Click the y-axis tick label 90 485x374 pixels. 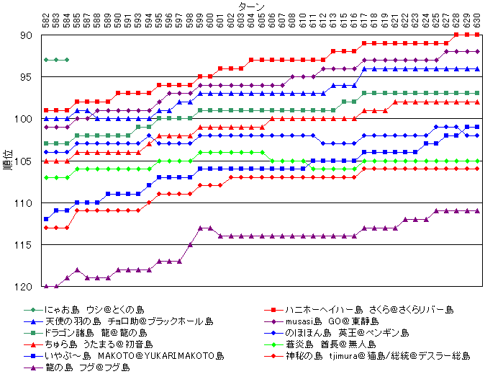point(26,35)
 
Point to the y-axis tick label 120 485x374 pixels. point(24,287)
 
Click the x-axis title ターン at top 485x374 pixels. point(249,6)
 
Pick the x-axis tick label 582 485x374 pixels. point(46,21)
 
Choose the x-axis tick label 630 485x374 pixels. point(477,21)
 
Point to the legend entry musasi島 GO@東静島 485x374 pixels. point(332,321)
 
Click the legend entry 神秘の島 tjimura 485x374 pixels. point(377,355)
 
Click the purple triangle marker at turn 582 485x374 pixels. point(46,287)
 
